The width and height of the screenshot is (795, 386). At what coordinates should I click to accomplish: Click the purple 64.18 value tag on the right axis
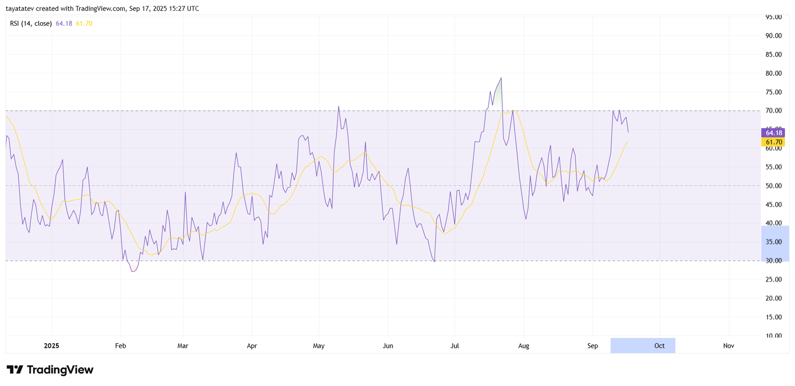[x=773, y=132]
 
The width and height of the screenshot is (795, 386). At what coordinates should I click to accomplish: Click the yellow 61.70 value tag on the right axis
[x=773, y=142]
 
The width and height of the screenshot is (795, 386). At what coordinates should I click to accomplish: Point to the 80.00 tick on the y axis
[x=773, y=73]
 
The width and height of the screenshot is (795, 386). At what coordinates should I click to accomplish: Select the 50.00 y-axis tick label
[x=773, y=186]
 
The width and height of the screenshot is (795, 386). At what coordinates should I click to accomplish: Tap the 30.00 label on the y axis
[x=773, y=261]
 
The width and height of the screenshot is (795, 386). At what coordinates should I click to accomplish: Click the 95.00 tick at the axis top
[x=773, y=17]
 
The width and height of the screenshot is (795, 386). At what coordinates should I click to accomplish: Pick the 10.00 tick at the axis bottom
[x=773, y=336]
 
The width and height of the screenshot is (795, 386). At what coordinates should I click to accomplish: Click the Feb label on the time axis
[x=120, y=346]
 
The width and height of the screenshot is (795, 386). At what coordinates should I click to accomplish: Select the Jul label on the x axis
[x=455, y=346]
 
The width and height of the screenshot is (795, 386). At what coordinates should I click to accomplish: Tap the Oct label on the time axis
[x=659, y=346]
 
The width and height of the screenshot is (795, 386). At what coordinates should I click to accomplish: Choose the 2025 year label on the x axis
[x=51, y=346]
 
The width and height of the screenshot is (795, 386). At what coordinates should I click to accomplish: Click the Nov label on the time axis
[x=728, y=346]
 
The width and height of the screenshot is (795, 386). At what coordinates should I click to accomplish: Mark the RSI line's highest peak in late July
[x=501, y=78]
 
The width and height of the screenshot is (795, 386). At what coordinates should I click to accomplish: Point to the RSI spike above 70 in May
[x=338, y=106]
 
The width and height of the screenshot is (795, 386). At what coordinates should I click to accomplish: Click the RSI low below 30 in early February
[x=133, y=271]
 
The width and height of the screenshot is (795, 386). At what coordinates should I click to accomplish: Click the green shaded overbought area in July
[x=497, y=94]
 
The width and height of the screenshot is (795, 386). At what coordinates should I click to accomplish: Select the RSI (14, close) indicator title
[x=31, y=23]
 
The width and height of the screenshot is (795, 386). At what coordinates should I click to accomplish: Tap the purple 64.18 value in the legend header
[x=64, y=23]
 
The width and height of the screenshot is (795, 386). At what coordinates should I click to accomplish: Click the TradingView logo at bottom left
[x=50, y=370]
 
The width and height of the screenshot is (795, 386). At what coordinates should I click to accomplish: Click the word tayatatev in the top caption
[x=19, y=8]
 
